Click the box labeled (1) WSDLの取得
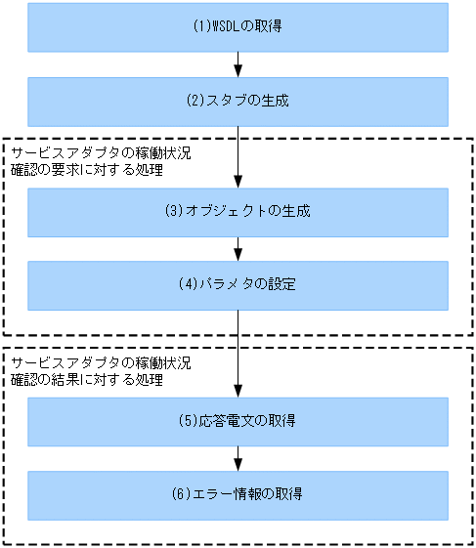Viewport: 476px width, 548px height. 238,27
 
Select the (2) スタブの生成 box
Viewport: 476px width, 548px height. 238,102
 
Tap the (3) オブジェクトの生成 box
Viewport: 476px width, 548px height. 238,212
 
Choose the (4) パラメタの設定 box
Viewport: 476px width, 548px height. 238,285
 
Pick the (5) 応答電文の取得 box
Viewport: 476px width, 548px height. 238,421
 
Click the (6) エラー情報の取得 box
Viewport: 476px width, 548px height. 238,494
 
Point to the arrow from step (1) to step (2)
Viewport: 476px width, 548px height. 238,64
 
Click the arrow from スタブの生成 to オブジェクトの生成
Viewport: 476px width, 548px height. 238,156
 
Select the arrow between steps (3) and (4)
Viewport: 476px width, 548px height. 238,249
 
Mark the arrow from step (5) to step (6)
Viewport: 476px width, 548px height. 238,458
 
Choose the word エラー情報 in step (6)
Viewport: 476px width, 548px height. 227,494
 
